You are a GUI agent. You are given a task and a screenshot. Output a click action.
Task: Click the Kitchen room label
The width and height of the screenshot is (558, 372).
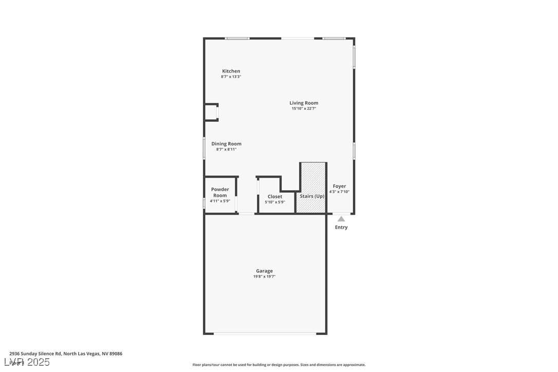(x=231, y=71)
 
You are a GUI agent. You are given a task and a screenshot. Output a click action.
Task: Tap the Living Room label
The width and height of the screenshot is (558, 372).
(x=304, y=103)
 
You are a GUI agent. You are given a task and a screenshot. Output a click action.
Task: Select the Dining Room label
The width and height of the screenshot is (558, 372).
(x=226, y=144)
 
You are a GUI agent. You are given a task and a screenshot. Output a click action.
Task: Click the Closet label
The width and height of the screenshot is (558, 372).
(x=275, y=196)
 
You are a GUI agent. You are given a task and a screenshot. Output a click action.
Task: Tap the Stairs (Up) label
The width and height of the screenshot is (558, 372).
(x=312, y=196)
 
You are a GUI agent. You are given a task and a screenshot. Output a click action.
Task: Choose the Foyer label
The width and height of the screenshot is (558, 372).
(x=339, y=186)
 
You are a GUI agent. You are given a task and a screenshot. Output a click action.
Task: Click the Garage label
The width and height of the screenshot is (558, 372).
(x=265, y=271)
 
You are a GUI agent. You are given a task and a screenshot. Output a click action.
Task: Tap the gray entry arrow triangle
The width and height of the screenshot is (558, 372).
(x=341, y=219)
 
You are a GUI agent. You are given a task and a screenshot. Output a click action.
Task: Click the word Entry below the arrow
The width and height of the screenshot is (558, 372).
(x=341, y=227)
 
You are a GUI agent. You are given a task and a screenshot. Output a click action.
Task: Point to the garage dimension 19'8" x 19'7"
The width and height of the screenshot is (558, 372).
(x=265, y=276)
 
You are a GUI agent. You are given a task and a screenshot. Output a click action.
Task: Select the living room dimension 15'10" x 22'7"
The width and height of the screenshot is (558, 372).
(x=304, y=108)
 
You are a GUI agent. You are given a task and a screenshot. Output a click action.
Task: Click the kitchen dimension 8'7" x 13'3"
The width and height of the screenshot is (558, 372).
(x=231, y=77)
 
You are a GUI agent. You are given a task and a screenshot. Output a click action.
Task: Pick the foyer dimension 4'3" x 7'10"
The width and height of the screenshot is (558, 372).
(x=339, y=192)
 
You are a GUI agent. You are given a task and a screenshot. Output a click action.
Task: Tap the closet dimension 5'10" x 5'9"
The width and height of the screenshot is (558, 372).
(x=275, y=202)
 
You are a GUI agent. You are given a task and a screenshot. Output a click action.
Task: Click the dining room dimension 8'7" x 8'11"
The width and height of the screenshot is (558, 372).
(x=226, y=150)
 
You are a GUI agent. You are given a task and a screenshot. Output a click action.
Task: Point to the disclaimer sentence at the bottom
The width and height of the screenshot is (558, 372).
(x=279, y=365)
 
